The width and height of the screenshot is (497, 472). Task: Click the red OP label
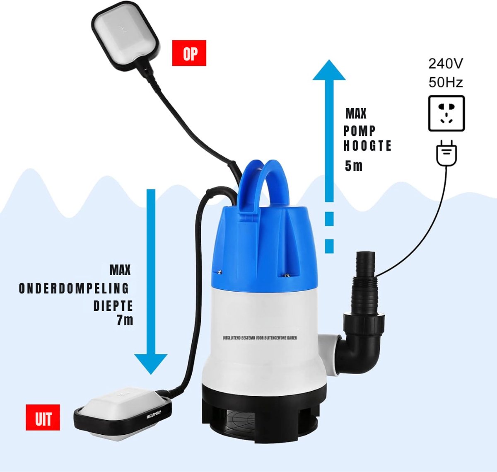189,53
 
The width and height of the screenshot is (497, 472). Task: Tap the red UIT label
43,417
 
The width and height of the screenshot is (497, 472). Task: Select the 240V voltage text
446,63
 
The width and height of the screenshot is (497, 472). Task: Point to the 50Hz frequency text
446,82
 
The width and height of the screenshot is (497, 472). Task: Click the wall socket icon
446,113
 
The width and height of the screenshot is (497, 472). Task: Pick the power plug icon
446,153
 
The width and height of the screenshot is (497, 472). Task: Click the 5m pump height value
354,166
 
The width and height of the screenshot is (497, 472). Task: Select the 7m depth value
125,320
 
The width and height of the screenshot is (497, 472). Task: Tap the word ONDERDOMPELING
74,288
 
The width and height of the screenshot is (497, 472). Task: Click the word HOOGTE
367,145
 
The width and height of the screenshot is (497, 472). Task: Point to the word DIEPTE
113,306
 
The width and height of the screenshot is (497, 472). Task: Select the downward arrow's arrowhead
151,364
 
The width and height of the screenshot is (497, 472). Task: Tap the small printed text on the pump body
260,338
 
